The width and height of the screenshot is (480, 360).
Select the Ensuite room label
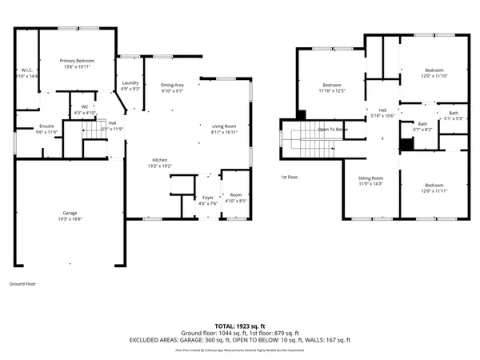pyautogui.click(x=46, y=126)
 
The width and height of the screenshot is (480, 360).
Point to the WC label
pyautogui.click(x=85, y=106)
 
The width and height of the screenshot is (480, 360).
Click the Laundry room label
pyautogui.click(x=130, y=83)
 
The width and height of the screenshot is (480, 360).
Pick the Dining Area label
pyautogui.click(x=172, y=85)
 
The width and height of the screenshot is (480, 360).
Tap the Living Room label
pyautogui.click(x=224, y=126)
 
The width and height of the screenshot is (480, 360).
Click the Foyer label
pyautogui.click(x=208, y=197)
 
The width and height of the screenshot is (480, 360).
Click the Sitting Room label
pyautogui.click(x=370, y=178)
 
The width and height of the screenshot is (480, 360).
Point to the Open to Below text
pyautogui.click(x=333, y=129)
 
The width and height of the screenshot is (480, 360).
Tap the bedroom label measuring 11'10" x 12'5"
pyautogui.click(x=332, y=86)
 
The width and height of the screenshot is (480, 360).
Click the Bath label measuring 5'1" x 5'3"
pyautogui.click(x=454, y=113)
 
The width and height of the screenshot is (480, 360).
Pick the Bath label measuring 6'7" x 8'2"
pyautogui.click(x=422, y=124)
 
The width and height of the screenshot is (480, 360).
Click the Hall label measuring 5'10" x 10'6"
pyautogui.click(x=382, y=110)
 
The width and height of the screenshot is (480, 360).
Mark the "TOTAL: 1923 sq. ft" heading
pyautogui.click(x=239, y=326)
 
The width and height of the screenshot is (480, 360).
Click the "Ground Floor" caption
pyautogui.click(x=22, y=283)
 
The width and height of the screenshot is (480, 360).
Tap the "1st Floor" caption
pyautogui.click(x=289, y=177)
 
